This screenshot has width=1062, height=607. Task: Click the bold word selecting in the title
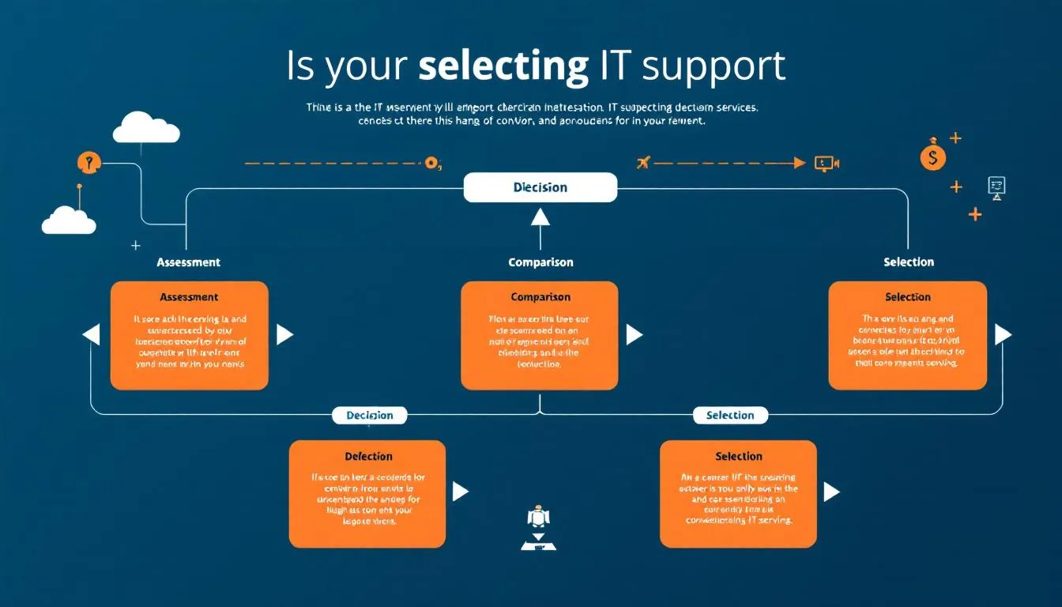503,66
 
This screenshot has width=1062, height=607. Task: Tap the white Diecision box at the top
540,187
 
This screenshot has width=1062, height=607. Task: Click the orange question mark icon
89,163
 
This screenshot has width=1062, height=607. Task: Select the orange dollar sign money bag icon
932,156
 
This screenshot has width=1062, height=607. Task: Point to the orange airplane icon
642,163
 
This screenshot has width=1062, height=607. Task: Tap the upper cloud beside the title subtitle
146,128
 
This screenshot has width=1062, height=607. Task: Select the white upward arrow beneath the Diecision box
540,217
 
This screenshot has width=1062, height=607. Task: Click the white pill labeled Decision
369,415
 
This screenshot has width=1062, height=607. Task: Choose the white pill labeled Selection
729,415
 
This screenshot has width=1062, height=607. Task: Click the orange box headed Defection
367,494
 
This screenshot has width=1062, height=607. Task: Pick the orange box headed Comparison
540,335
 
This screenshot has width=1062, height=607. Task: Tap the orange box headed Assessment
189,335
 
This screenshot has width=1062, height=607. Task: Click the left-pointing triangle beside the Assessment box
92,334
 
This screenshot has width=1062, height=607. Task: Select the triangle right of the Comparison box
634,334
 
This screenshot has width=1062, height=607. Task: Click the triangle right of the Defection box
460,492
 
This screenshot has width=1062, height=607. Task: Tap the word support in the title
714,66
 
